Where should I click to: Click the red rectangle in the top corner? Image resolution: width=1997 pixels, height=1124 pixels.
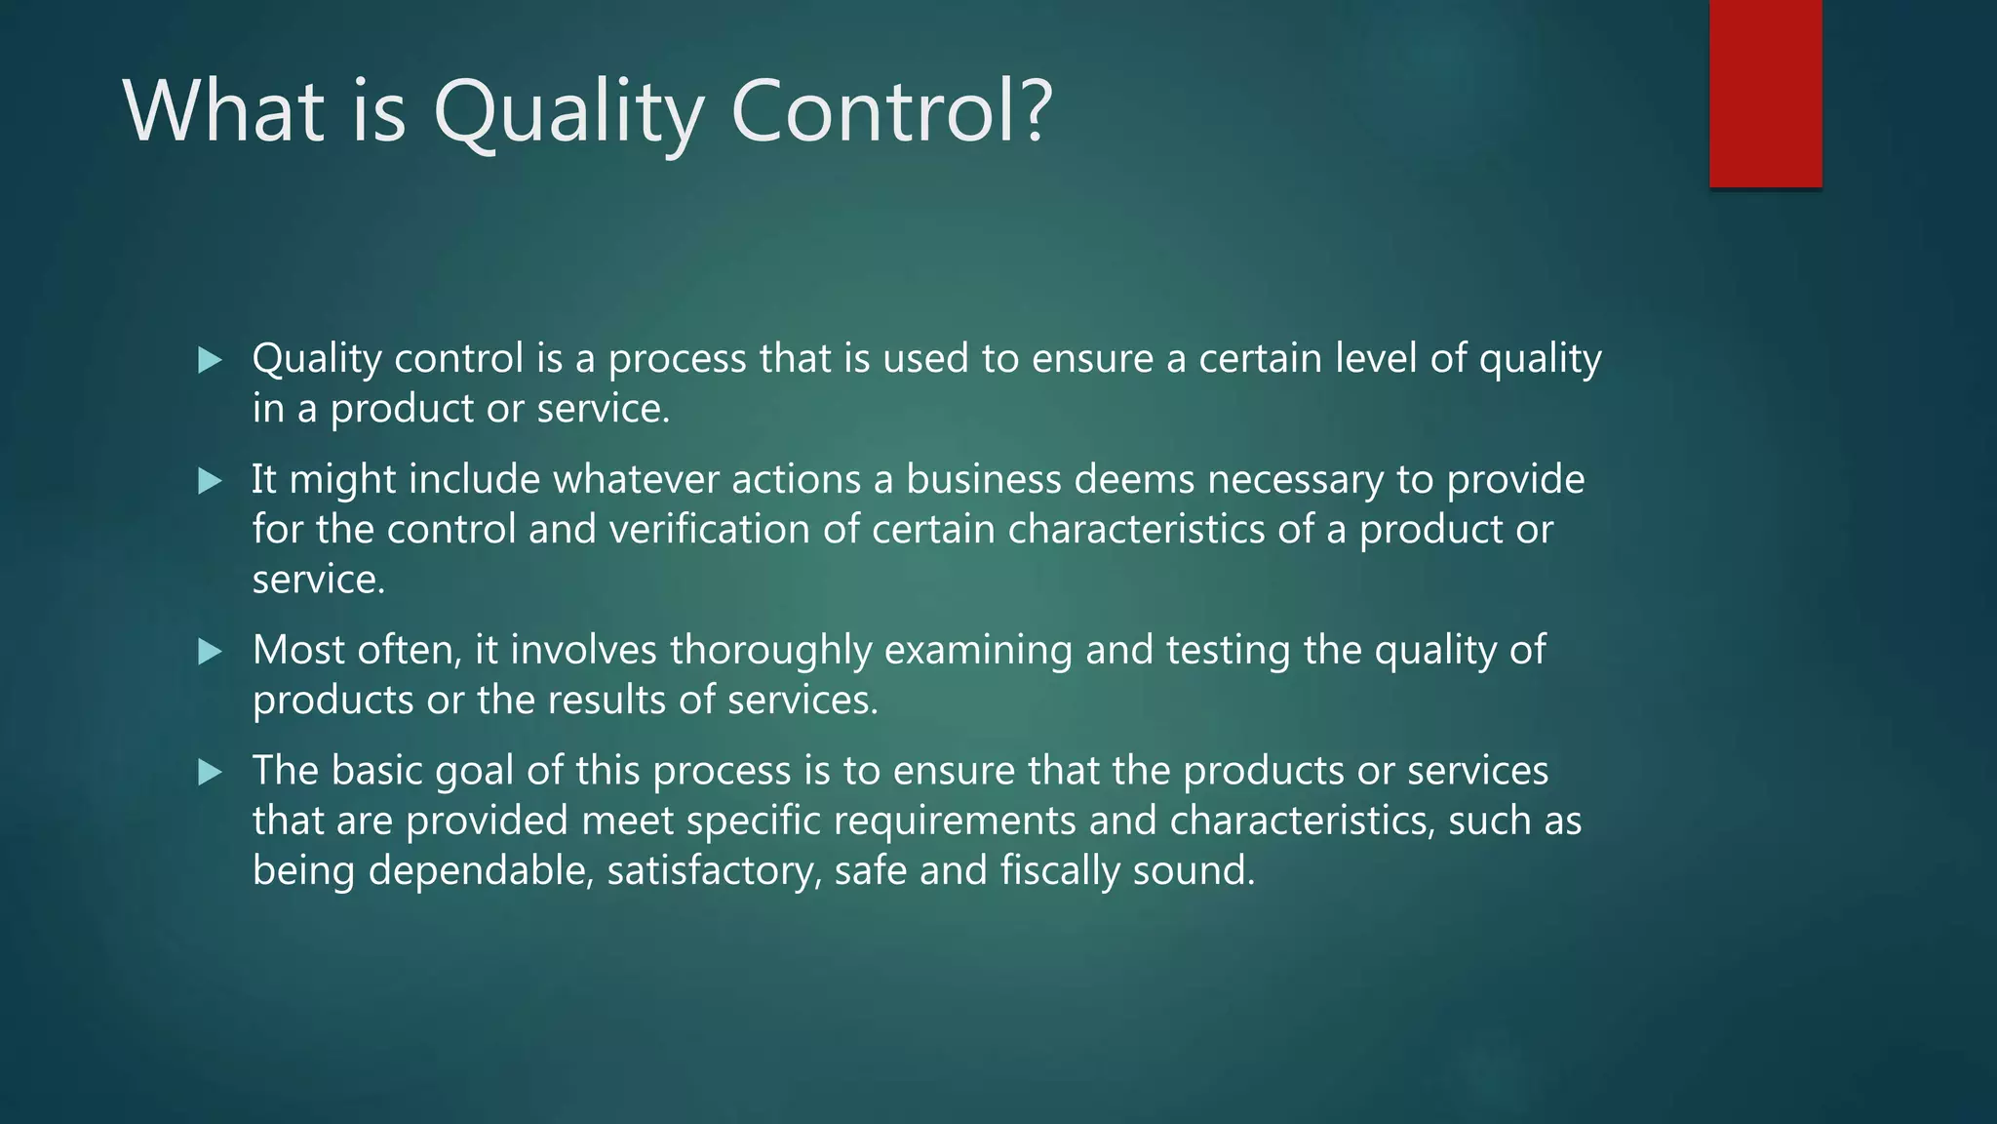[x=1765, y=93]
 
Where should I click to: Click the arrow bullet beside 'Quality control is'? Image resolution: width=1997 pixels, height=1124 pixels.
[x=210, y=361]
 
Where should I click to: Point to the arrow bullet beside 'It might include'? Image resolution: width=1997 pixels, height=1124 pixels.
[x=210, y=481]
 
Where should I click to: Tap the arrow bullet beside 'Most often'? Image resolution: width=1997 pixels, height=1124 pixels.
[x=210, y=652]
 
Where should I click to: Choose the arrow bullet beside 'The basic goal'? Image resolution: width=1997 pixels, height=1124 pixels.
[x=210, y=773]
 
